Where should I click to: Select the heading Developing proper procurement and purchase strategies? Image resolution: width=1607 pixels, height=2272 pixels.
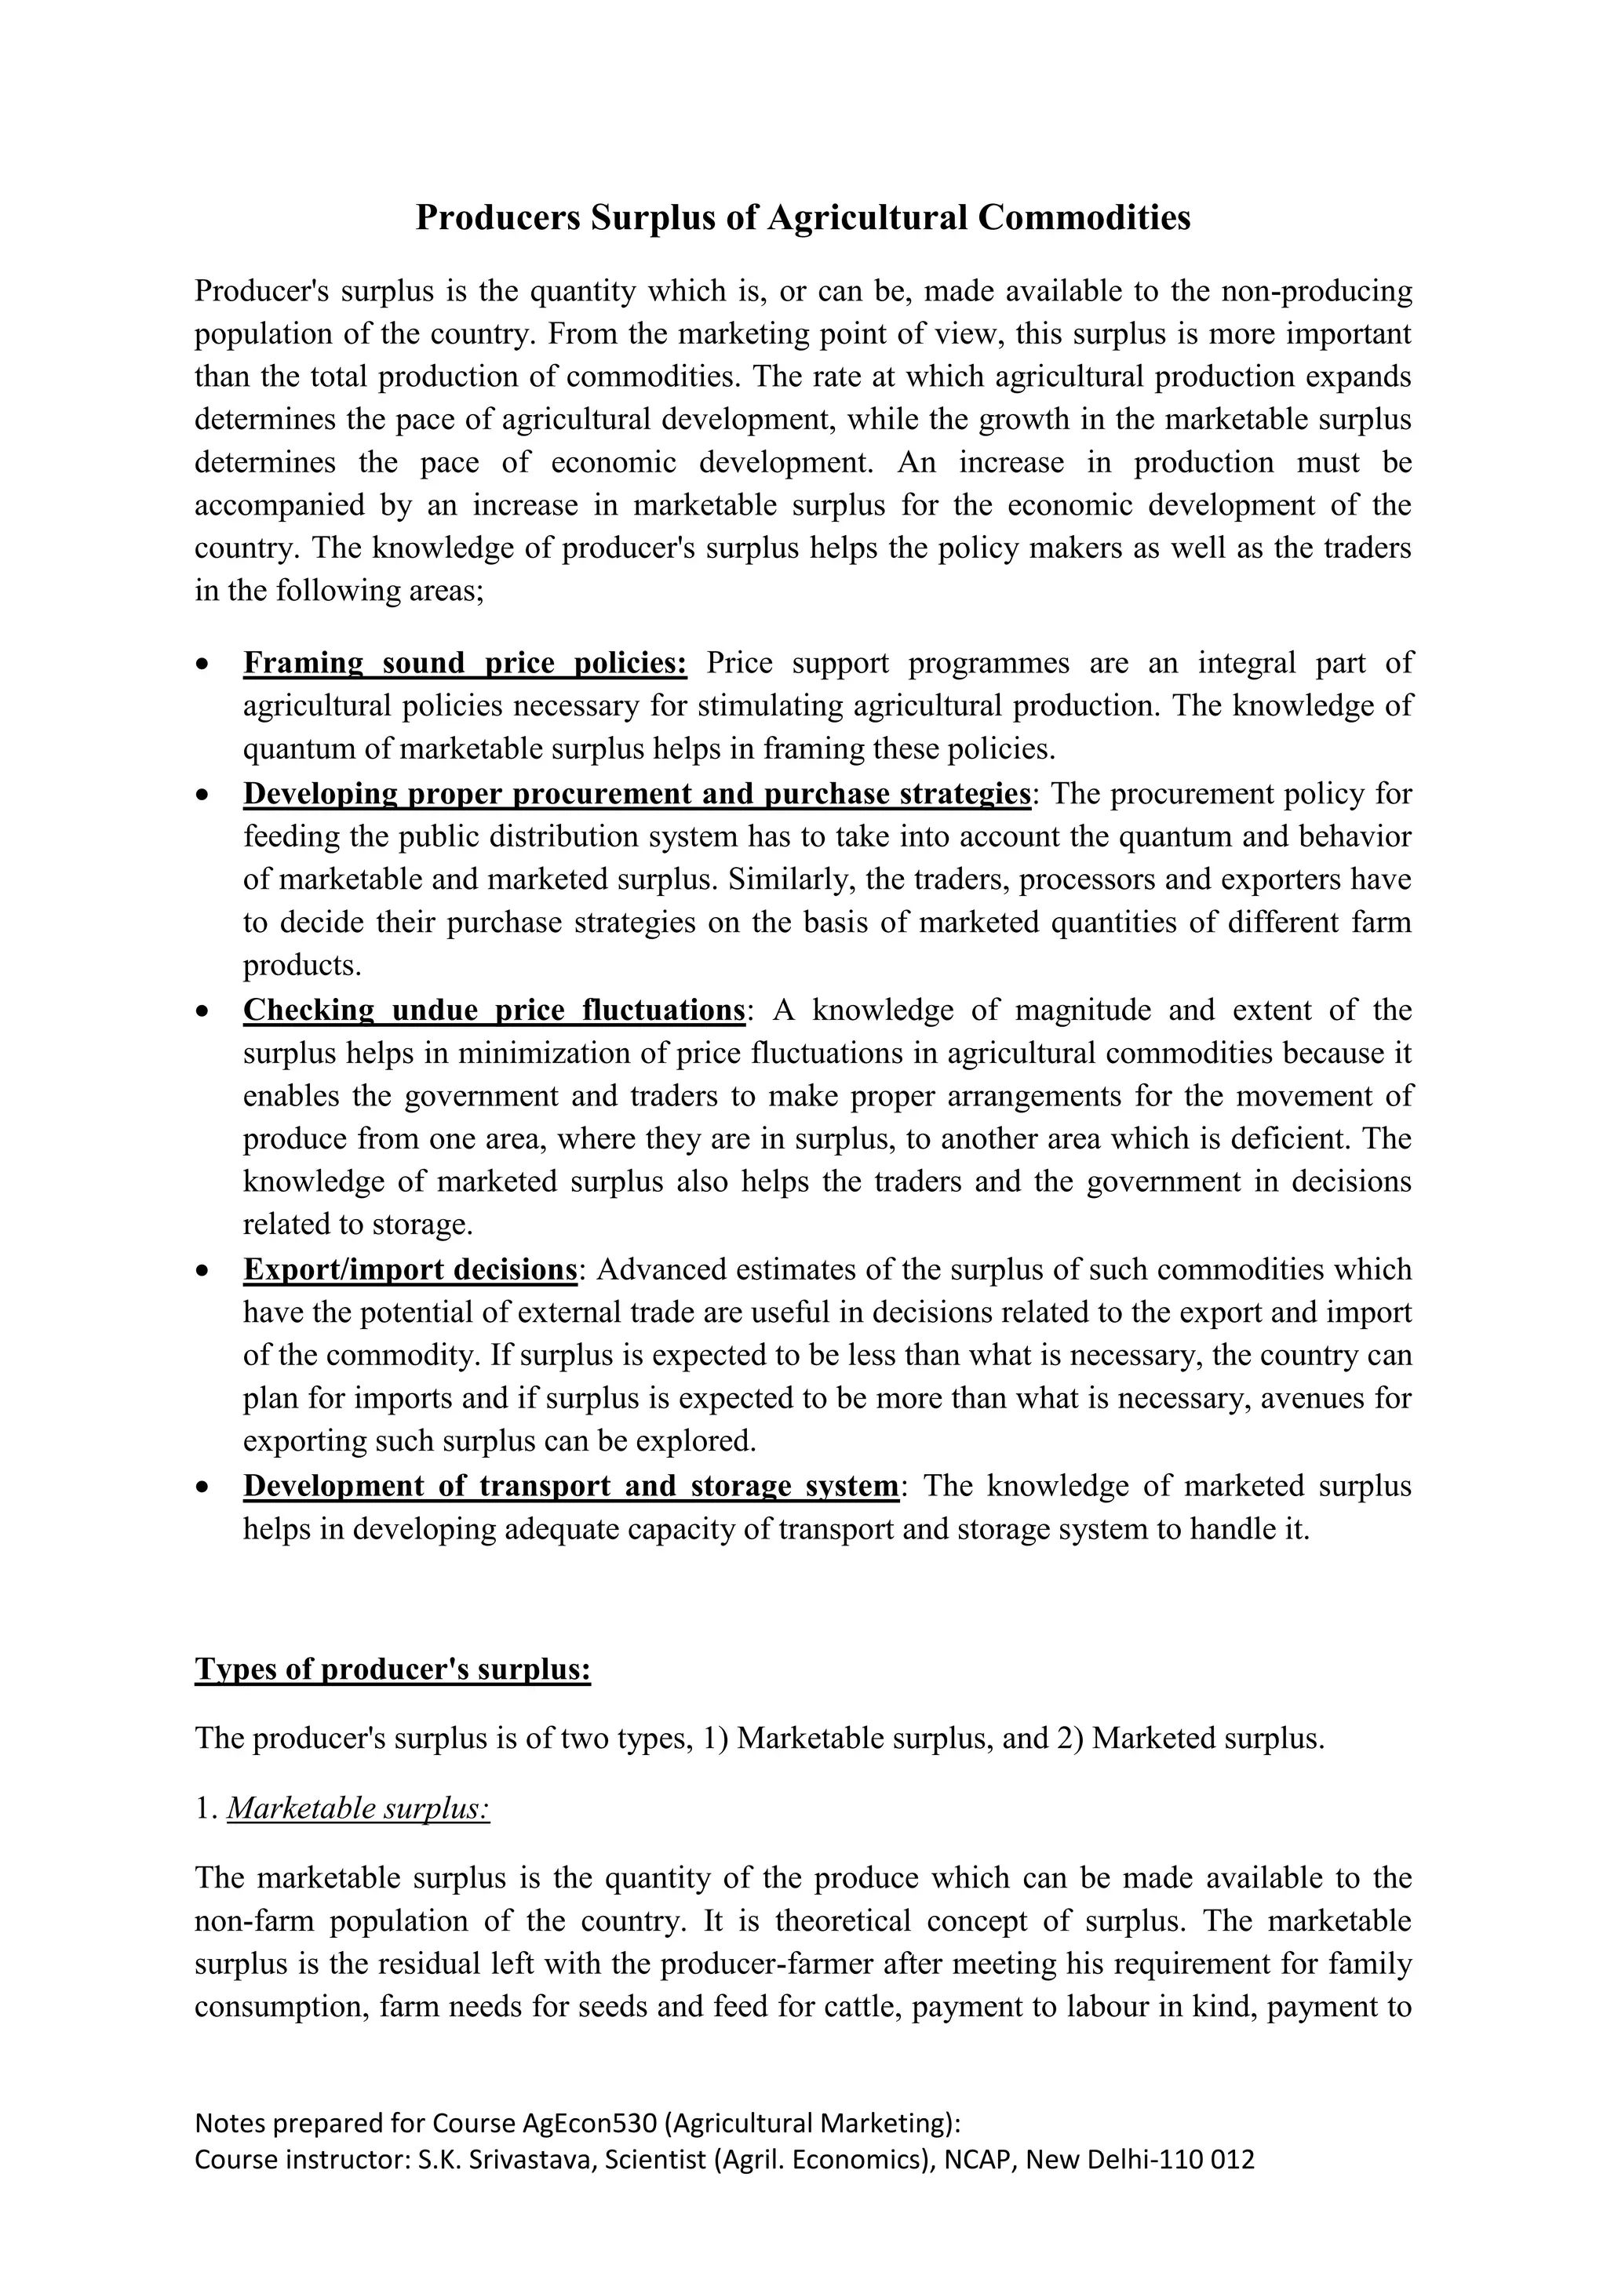[x=636, y=794]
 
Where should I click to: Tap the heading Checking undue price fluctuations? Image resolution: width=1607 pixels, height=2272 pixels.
[x=493, y=1010]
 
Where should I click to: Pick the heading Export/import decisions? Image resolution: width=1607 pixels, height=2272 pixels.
[x=410, y=1269]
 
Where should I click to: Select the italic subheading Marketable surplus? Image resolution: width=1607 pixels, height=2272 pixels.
[x=359, y=1809]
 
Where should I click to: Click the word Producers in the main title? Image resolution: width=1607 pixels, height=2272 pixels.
[x=497, y=217]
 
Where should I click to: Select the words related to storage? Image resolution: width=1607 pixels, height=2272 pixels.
[x=357, y=1225]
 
